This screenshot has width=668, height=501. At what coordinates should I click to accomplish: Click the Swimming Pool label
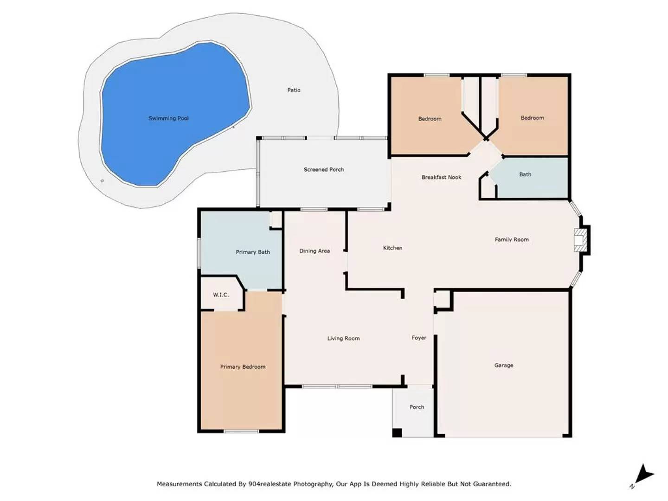click(168, 118)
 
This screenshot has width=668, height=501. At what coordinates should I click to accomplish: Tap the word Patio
click(294, 90)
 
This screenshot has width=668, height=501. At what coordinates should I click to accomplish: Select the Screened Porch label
click(323, 169)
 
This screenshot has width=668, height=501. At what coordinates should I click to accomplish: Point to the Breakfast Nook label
click(441, 177)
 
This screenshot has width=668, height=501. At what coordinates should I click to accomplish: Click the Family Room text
click(512, 240)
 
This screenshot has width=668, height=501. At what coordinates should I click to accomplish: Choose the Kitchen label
click(392, 248)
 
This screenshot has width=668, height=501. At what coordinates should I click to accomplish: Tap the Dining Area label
click(315, 251)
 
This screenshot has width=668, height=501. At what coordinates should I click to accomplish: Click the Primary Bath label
click(253, 252)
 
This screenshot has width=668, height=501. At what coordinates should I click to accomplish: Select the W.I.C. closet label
click(221, 295)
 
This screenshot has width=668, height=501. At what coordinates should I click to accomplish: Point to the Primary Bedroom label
click(243, 367)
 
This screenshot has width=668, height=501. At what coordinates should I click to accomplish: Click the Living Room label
click(343, 338)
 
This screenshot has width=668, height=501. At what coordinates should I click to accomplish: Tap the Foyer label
click(419, 338)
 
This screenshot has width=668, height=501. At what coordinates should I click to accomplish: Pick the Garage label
click(504, 366)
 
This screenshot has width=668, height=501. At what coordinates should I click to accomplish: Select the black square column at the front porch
click(397, 432)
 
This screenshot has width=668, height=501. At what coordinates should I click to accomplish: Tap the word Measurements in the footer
click(179, 484)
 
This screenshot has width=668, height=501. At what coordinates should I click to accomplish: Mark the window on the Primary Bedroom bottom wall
click(241, 431)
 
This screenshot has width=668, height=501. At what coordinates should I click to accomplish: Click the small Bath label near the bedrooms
click(525, 174)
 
